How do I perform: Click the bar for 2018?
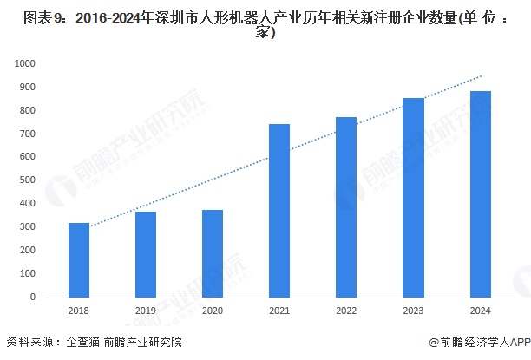point(79,259)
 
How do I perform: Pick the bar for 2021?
point(279,210)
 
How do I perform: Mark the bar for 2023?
point(413,197)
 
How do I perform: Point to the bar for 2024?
point(480,193)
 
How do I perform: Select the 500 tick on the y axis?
point(29,180)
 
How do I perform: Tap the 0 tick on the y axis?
point(33,297)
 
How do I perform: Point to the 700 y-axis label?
point(29,134)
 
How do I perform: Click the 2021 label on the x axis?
point(279,311)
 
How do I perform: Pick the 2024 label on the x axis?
point(480,311)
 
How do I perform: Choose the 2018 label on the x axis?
point(79,311)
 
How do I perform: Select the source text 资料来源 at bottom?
point(29,344)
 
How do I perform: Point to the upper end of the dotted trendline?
point(481,75)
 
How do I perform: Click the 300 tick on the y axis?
point(29,227)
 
